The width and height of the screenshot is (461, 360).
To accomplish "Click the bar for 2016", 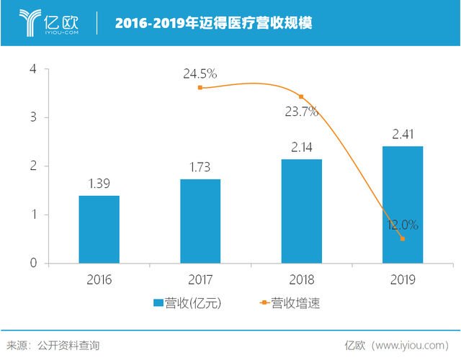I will click(99, 229).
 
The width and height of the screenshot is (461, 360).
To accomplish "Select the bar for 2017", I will click(200, 221).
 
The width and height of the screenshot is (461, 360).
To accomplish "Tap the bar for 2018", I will click(301, 211).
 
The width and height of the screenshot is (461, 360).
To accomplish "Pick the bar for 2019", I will click(403, 204).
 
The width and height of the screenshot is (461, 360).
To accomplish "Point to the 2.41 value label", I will click(403, 134).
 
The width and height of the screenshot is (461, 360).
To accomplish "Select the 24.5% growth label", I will click(200, 73).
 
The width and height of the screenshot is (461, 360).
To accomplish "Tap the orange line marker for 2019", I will click(403, 239).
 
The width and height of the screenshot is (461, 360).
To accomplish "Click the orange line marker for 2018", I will click(301, 96).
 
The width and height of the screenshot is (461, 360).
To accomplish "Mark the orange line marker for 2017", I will click(200, 88).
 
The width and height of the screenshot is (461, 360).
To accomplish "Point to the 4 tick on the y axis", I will click(33, 69).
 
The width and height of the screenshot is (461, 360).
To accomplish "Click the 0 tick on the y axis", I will click(33, 264).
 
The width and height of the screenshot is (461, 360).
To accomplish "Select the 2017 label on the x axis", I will click(200, 279).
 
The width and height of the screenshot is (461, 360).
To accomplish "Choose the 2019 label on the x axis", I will click(403, 279).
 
